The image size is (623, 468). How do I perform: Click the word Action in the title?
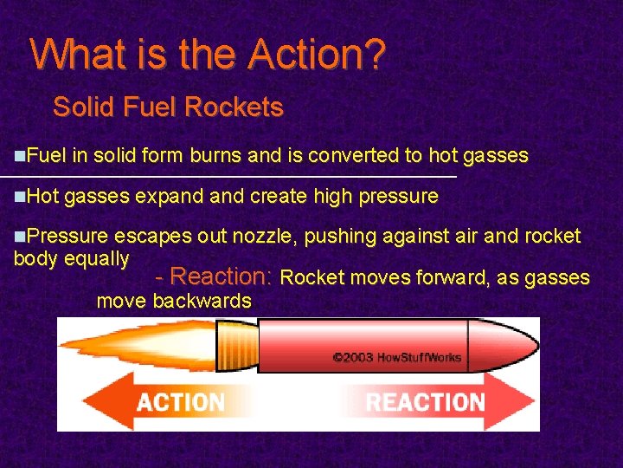coord(304,55)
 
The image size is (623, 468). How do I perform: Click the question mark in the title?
coord(376,55)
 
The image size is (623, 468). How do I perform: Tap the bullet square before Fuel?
coord(20,156)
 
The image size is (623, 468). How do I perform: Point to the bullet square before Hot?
coord(20,197)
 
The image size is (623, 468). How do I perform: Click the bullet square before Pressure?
coord(20,237)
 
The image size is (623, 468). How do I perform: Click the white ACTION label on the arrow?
coord(180,402)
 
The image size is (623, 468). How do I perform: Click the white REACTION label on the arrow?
coord(424,402)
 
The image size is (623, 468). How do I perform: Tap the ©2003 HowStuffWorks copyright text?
coord(396,356)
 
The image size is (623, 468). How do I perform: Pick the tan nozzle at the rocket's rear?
coord(235,343)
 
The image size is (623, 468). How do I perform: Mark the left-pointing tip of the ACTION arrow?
coord(87,402)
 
